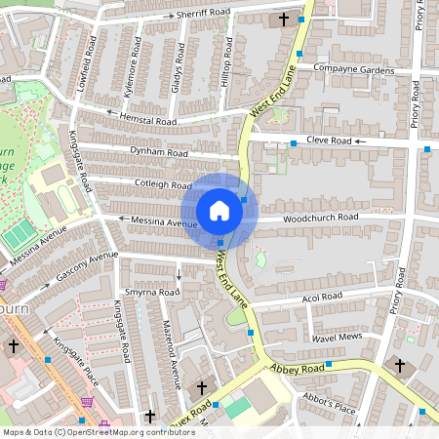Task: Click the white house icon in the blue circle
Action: (219, 211)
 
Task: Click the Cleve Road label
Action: (328, 140)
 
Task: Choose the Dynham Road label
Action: (158, 153)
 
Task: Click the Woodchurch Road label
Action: (321, 218)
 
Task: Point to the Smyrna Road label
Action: (152, 292)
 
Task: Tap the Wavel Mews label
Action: (337, 337)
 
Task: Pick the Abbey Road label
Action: (297, 369)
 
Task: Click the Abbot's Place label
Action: (329, 406)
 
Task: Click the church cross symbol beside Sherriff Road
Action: (285, 19)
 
